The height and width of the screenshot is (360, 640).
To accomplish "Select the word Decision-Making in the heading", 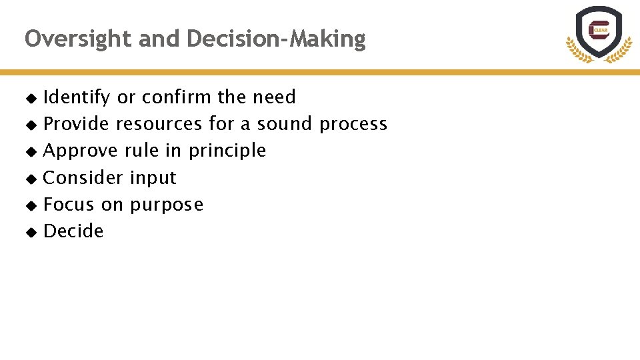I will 276,39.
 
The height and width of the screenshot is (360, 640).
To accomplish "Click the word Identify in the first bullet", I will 76,97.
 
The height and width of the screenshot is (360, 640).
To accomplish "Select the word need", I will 274,97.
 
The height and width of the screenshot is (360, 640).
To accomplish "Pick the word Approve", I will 81,151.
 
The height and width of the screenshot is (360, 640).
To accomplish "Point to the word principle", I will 227,151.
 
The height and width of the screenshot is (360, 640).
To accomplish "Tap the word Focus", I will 69,205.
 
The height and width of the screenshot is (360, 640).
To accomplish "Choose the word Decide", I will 73,231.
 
